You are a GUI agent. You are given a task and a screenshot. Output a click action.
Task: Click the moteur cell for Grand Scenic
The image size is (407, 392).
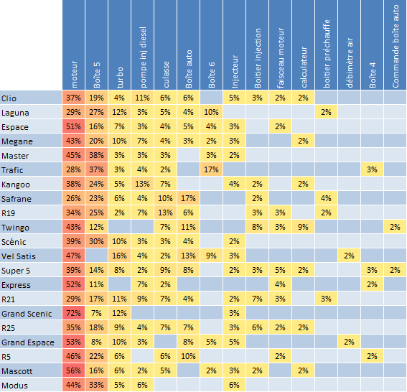click(x=73, y=313)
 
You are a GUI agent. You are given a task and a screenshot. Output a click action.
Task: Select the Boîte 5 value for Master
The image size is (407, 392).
click(x=96, y=155)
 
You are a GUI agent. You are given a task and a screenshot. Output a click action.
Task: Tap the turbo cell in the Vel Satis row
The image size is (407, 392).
click(x=119, y=256)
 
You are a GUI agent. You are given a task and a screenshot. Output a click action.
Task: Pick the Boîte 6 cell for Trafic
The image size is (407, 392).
click(x=211, y=169)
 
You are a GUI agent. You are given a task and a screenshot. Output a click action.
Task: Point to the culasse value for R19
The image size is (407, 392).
click(x=165, y=213)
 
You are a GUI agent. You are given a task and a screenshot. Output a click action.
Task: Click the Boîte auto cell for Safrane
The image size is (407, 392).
click(x=188, y=198)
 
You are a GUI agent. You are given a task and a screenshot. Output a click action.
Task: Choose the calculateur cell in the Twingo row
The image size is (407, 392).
click(x=303, y=227)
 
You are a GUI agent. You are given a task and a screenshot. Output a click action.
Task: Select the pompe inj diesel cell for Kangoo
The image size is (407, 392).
click(x=142, y=184)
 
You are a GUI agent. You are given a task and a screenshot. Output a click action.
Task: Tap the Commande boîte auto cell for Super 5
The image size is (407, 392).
click(x=395, y=270)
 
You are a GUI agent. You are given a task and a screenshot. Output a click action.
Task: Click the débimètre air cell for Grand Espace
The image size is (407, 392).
click(x=349, y=342)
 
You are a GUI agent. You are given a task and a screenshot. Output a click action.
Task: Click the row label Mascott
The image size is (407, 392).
click(x=17, y=371)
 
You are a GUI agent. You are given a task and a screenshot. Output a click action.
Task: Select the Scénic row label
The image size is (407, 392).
click(x=14, y=242)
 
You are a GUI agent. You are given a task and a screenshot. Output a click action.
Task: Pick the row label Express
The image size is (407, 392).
click(x=16, y=285)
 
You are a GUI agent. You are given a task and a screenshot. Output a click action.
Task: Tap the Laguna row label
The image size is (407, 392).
click(x=15, y=113)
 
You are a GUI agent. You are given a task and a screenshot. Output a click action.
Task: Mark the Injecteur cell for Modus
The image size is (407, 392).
click(x=235, y=385)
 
